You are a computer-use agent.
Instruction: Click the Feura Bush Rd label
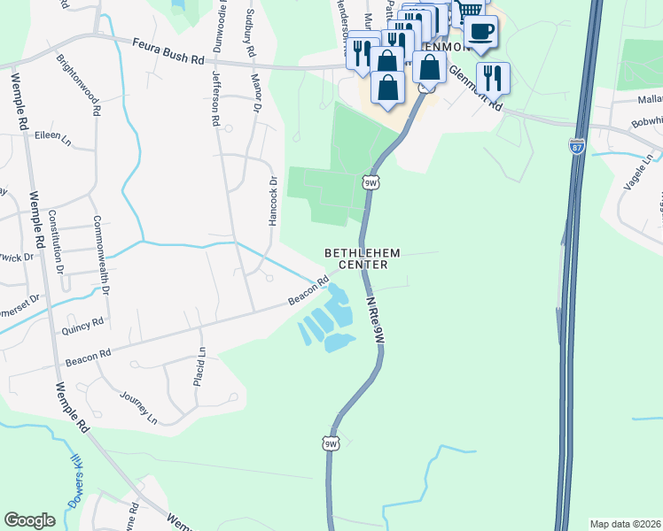coord(168,50)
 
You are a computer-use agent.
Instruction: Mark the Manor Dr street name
coord(257,95)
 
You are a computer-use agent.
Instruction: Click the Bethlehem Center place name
coord(362,258)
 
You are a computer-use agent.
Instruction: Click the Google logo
coord(29,520)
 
